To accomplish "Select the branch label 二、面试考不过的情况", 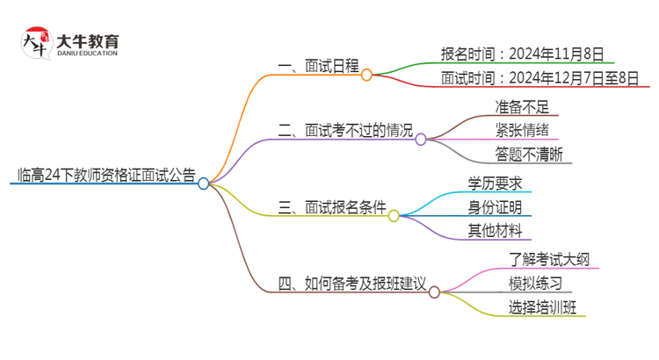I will pyautogui.click(x=344, y=131).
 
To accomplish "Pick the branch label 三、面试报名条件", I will pyautogui.click(x=331, y=207).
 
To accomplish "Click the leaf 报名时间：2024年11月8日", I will pyautogui.click(x=522, y=53).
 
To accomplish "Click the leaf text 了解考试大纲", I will pyautogui.click(x=543, y=259).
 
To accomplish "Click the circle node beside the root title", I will pyautogui.click(x=204, y=184).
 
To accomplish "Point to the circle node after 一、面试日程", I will pyautogui.click(x=366, y=75).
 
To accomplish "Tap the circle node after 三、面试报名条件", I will pyautogui.click(x=394, y=216).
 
